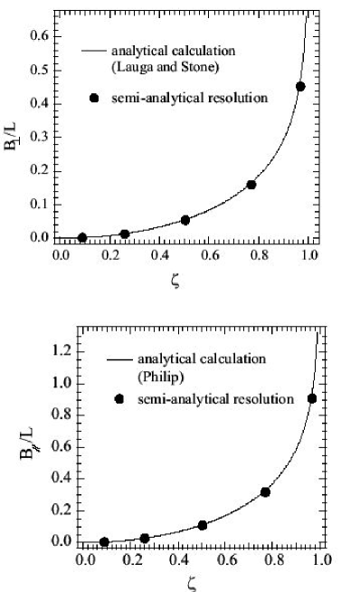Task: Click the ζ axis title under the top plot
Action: (175, 282)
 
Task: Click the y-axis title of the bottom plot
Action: (36, 443)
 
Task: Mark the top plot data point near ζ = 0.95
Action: (300, 87)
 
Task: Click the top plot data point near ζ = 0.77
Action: (251, 185)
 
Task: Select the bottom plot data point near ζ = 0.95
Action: (312, 398)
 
